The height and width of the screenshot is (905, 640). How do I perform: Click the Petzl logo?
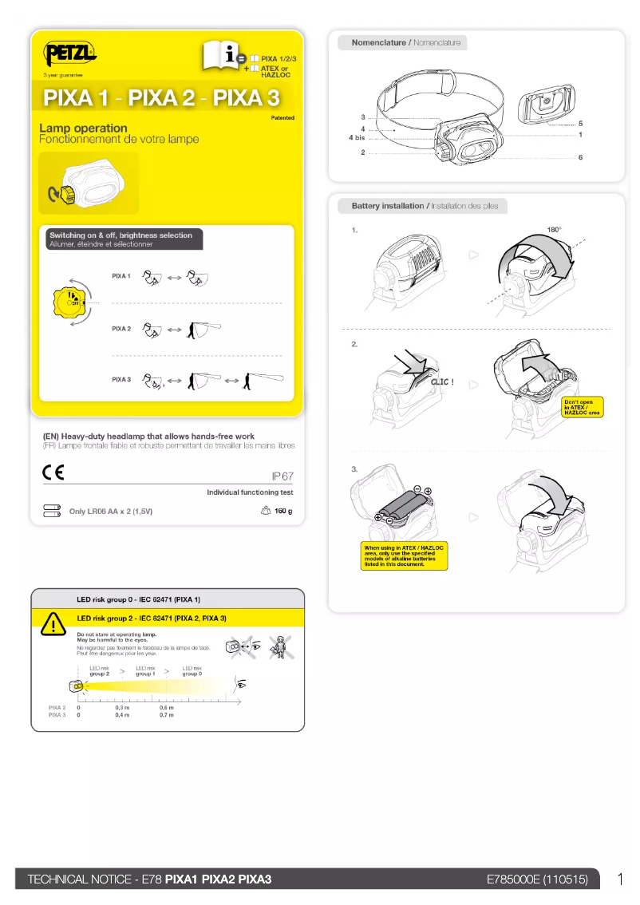pos(70,54)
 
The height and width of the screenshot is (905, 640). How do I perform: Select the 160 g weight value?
pos(283,511)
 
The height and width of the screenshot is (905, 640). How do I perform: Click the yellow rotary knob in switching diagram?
pos(69,303)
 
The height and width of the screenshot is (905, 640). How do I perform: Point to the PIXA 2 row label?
pos(121,328)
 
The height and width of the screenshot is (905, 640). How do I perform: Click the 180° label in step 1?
pos(554,230)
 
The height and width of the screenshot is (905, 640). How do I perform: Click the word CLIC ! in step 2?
pos(442,382)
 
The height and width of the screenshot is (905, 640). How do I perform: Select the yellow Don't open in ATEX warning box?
pos(582,407)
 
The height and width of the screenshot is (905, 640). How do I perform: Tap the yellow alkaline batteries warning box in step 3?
pos(404,556)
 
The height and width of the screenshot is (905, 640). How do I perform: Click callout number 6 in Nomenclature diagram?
pos(580,158)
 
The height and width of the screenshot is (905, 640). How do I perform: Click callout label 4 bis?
pos(357,138)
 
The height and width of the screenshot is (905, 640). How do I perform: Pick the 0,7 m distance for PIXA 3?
pos(166,715)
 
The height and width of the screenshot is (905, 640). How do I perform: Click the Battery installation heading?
pos(388,206)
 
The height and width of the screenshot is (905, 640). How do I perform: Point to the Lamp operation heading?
pos(84,128)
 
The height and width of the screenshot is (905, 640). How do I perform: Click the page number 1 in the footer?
pos(620,879)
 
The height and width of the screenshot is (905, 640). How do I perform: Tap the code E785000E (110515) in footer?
pos(537,879)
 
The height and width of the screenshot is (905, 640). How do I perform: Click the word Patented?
pos(282,118)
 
